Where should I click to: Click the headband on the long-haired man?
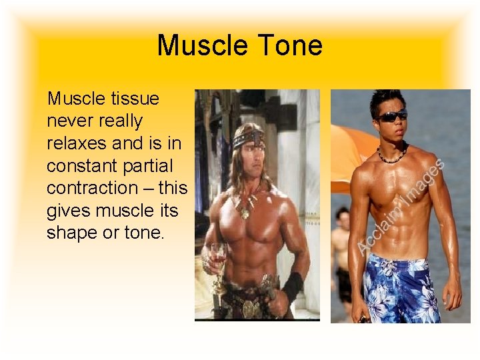[x=248, y=140]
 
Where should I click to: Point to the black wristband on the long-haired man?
[x=292, y=285]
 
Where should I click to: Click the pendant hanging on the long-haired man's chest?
[x=245, y=213]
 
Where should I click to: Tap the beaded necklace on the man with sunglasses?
[x=391, y=157]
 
